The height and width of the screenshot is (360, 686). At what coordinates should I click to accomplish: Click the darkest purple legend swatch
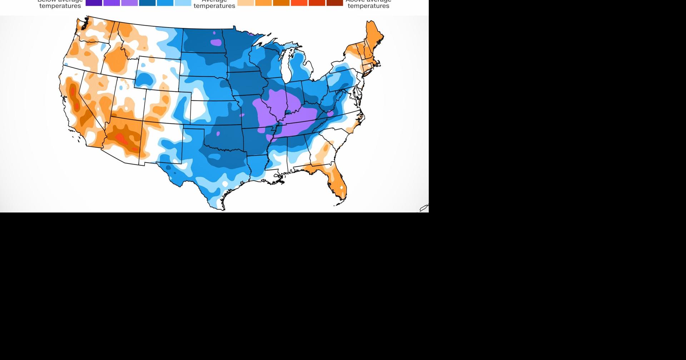(x=94, y=3)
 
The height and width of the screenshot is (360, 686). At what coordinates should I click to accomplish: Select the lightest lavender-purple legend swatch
(x=129, y=3)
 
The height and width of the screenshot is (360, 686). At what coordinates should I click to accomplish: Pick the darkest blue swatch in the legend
(x=147, y=3)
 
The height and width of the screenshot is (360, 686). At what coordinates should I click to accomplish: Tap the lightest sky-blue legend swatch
(x=183, y=3)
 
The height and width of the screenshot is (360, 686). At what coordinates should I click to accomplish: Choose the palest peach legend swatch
(x=245, y=3)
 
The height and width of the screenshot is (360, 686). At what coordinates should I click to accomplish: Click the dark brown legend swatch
(x=335, y=3)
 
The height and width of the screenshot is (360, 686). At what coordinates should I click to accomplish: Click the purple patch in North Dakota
(x=216, y=42)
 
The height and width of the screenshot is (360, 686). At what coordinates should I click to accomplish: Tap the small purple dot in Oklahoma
(x=218, y=134)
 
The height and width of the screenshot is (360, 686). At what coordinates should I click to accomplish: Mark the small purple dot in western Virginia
(x=330, y=114)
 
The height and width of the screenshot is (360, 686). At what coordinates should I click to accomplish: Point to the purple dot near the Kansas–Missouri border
(x=242, y=115)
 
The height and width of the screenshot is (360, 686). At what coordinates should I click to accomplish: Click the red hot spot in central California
(x=73, y=91)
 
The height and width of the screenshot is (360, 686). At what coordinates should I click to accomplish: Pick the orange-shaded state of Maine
(x=374, y=36)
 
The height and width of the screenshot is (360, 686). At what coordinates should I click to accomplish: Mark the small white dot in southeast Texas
(x=225, y=184)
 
